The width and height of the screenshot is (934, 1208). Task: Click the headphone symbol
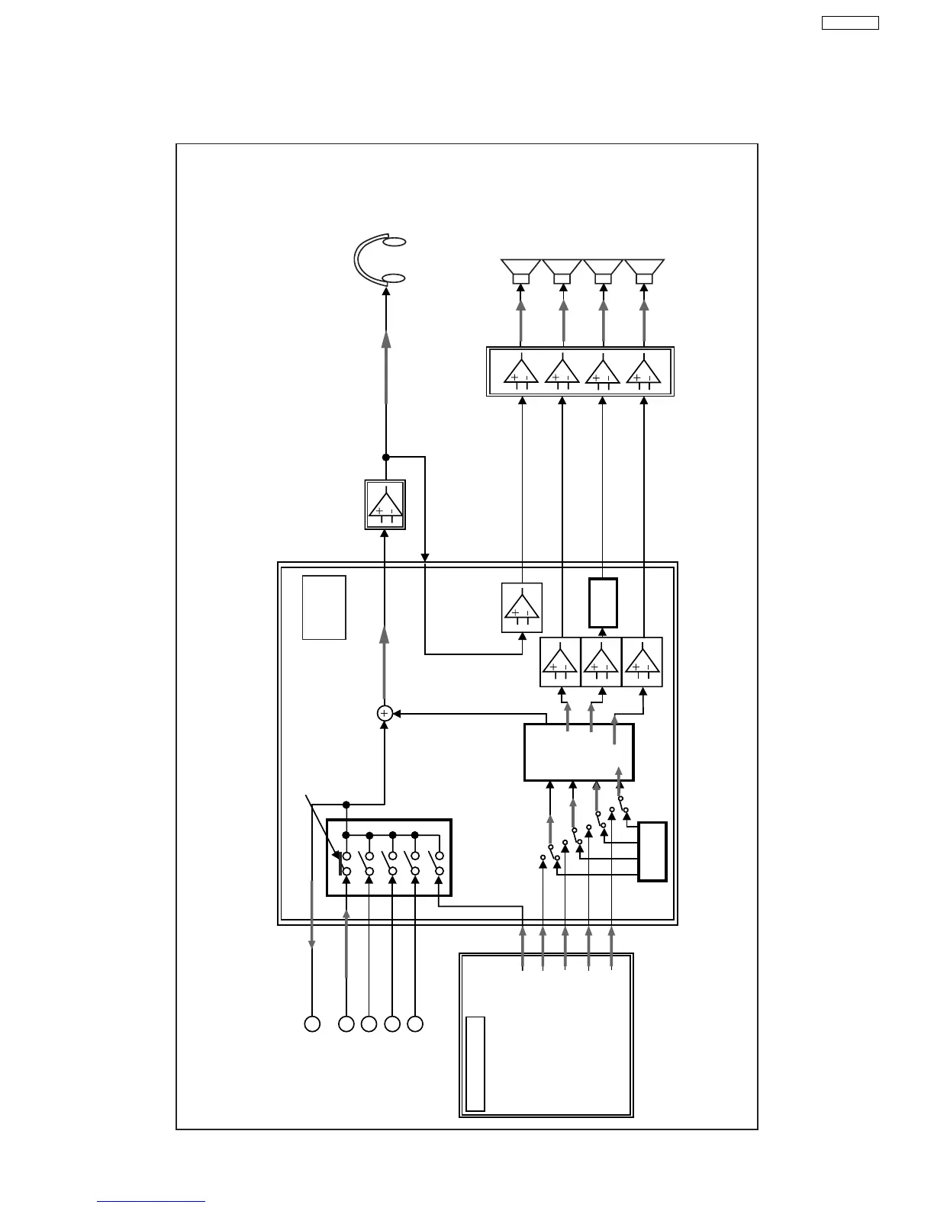379,259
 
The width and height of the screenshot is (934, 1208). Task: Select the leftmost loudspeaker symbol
521,271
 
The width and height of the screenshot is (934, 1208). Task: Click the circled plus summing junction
385,713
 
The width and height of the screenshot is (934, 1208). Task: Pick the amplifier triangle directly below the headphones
385,504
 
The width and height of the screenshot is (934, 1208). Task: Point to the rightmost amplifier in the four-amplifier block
644,371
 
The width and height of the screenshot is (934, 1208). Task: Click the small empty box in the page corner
850,23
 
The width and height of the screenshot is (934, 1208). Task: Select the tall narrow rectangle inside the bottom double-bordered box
475,1063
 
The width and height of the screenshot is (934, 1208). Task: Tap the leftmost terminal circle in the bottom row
312,1024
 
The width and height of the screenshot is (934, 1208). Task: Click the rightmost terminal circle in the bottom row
415,1024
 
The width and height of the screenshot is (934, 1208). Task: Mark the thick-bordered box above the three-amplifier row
603,603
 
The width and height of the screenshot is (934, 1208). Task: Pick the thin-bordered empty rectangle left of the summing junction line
324,607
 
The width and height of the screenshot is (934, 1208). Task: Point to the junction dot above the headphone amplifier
385,458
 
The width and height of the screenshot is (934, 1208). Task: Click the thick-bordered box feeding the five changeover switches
652,851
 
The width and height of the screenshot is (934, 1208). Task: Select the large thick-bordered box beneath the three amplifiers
579,753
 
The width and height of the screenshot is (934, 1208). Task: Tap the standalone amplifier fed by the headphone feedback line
522,608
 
